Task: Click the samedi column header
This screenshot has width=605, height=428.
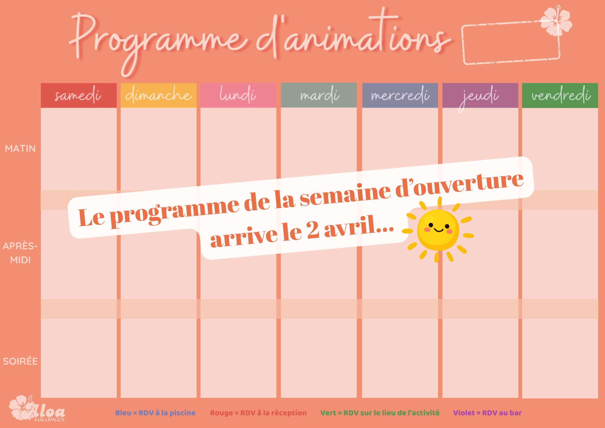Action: click(x=79, y=95)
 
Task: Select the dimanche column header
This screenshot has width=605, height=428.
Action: click(x=159, y=95)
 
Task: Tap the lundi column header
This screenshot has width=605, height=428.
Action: click(x=238, y=95)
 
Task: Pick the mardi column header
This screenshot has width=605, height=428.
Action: click(x=319, y=95)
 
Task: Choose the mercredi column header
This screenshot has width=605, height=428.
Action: click(x=400, y=95)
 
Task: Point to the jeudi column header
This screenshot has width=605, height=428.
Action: click(x=480, y=95)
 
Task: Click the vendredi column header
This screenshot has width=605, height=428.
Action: click(x=560, y=95)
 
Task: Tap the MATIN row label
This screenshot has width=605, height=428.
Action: click(x=20, y=149)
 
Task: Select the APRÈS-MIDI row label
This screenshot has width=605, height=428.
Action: click(x=20, y=253)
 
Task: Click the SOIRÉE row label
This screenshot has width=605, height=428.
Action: click(x=20, y=361)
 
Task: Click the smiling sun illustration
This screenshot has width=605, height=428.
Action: click(x=438, y=230)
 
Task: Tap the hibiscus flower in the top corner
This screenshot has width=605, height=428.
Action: click(x=556, y=21)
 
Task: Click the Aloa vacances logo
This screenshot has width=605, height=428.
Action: click(x=37, y=409)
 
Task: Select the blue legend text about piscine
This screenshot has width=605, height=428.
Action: click(x=155, y=413)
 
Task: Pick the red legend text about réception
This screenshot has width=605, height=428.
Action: click(x=258, y=413)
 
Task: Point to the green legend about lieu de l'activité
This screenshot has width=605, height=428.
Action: click(x=380, y=413)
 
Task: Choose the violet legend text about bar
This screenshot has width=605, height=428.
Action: click(x=487, y=413)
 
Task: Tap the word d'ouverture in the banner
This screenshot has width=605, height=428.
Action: click(x=459, y=184)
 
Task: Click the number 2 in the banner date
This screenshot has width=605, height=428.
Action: click(x=312, y=230)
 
